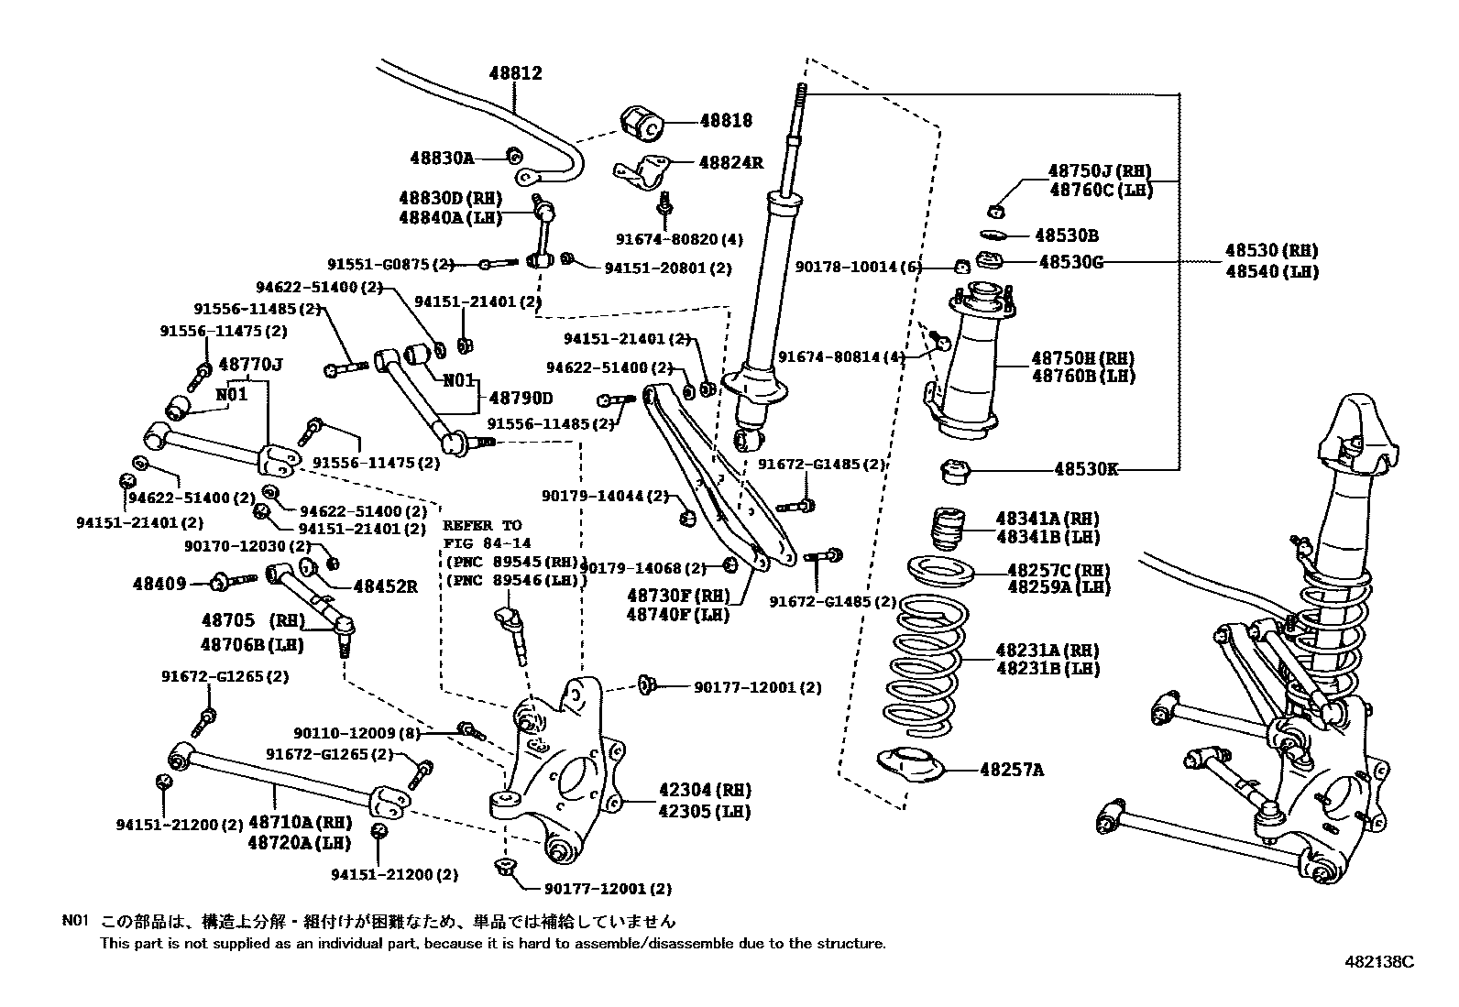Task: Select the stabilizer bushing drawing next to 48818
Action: pos(642,122)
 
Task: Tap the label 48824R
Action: pos(730,162)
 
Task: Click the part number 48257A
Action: pos(1011,770)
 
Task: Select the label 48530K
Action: pos(1085,469)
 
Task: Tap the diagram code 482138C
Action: pos(1379,962)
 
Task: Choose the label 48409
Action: pos(159,584)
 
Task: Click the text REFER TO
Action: pos(481,526)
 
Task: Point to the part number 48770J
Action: pos(250,365)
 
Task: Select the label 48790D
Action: pos(521,399)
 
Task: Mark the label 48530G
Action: pos(1070,262)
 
